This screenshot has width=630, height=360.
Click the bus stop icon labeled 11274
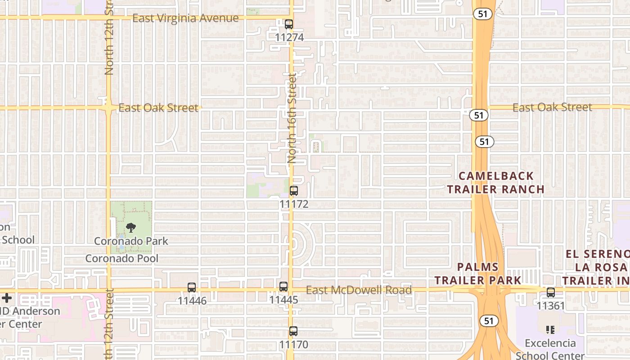point(289,24)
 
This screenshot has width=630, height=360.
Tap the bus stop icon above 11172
point(294,191)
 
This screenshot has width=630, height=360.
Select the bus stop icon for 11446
point(192,288)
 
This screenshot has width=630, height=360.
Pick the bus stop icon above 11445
point(283,287)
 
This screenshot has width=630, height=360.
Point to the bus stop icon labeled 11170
point(293,331)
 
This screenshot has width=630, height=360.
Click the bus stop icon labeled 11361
point(551,292)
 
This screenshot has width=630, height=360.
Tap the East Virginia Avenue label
point(185,18)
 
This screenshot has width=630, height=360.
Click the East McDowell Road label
point(359,290)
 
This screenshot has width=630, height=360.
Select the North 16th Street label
point(292,118)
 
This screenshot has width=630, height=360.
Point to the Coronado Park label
point(131,241)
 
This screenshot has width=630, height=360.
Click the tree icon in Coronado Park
point(131,228)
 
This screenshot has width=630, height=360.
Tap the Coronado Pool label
point(122,258)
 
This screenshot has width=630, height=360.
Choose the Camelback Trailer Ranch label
point(496,182)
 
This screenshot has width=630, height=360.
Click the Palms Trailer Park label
point(478,273)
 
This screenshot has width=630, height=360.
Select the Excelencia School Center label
point(550,349)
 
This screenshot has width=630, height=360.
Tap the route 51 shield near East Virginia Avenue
point(482,14)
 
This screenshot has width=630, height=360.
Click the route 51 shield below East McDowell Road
point(489,321)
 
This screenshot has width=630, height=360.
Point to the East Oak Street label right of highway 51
point(552,108)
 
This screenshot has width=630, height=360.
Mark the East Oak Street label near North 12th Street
point(158,108)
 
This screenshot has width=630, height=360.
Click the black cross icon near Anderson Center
point(7,298)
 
